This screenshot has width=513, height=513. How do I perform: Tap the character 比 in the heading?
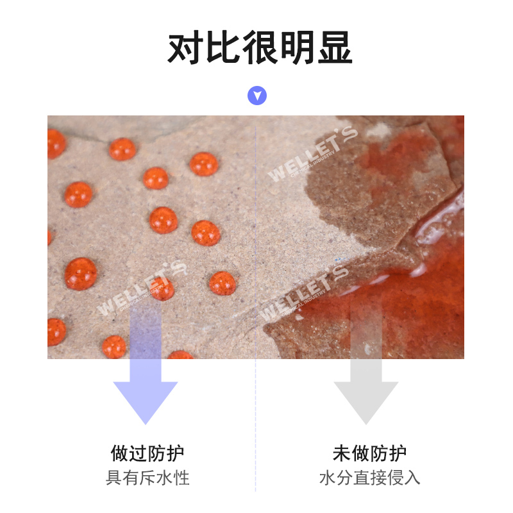222,47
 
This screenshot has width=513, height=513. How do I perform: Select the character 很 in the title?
259,47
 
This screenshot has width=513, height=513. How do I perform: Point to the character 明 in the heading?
296,47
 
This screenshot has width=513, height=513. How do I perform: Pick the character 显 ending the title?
333,47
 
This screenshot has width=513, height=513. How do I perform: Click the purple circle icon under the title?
257,96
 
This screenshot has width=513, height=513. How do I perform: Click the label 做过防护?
147,454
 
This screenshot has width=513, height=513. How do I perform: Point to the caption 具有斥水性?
147,478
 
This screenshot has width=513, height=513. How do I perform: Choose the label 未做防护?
369,454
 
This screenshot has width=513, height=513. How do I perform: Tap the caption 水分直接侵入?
369,478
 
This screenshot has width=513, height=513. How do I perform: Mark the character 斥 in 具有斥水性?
147,478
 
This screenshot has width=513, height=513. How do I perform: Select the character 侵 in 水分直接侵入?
395,478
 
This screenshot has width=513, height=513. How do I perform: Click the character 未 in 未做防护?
342,454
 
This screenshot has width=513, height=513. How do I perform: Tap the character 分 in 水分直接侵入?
344,478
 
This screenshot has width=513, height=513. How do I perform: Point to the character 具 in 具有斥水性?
114,478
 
